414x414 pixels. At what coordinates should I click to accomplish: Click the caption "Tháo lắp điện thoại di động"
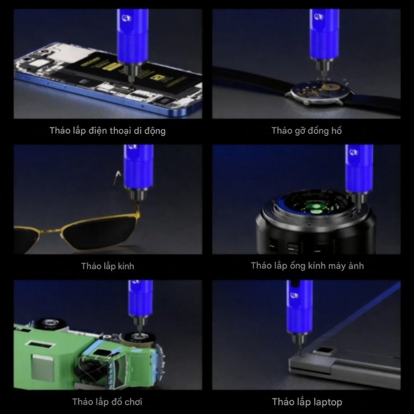pyautogui.click(x=108, y=131)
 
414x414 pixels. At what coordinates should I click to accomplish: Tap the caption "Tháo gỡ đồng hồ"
pyautogui.click(x=306, y=131)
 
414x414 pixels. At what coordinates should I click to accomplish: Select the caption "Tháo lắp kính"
pyautogui.click(x=108, y=266)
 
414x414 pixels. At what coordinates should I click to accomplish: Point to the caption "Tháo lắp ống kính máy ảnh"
pyautogui.click(x=307, y=266)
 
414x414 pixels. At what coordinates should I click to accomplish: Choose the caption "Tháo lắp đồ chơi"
pyautogui.click(x=107, y=402)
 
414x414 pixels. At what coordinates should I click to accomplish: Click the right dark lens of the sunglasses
pyautogui.click(x=100, y=232)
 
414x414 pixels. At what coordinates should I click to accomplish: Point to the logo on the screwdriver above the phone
pyautogui.click(x=127, y=18)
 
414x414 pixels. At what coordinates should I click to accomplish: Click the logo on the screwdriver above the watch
pyautogui.click(x=319, y=17)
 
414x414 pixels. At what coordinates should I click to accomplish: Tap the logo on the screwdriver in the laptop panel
pyautogui.click(x=294, y=295)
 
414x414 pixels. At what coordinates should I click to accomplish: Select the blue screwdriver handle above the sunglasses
pyautogui.click(x=138, y=167)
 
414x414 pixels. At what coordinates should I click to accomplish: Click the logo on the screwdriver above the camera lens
pyautogui.click(x=354, y=152)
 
